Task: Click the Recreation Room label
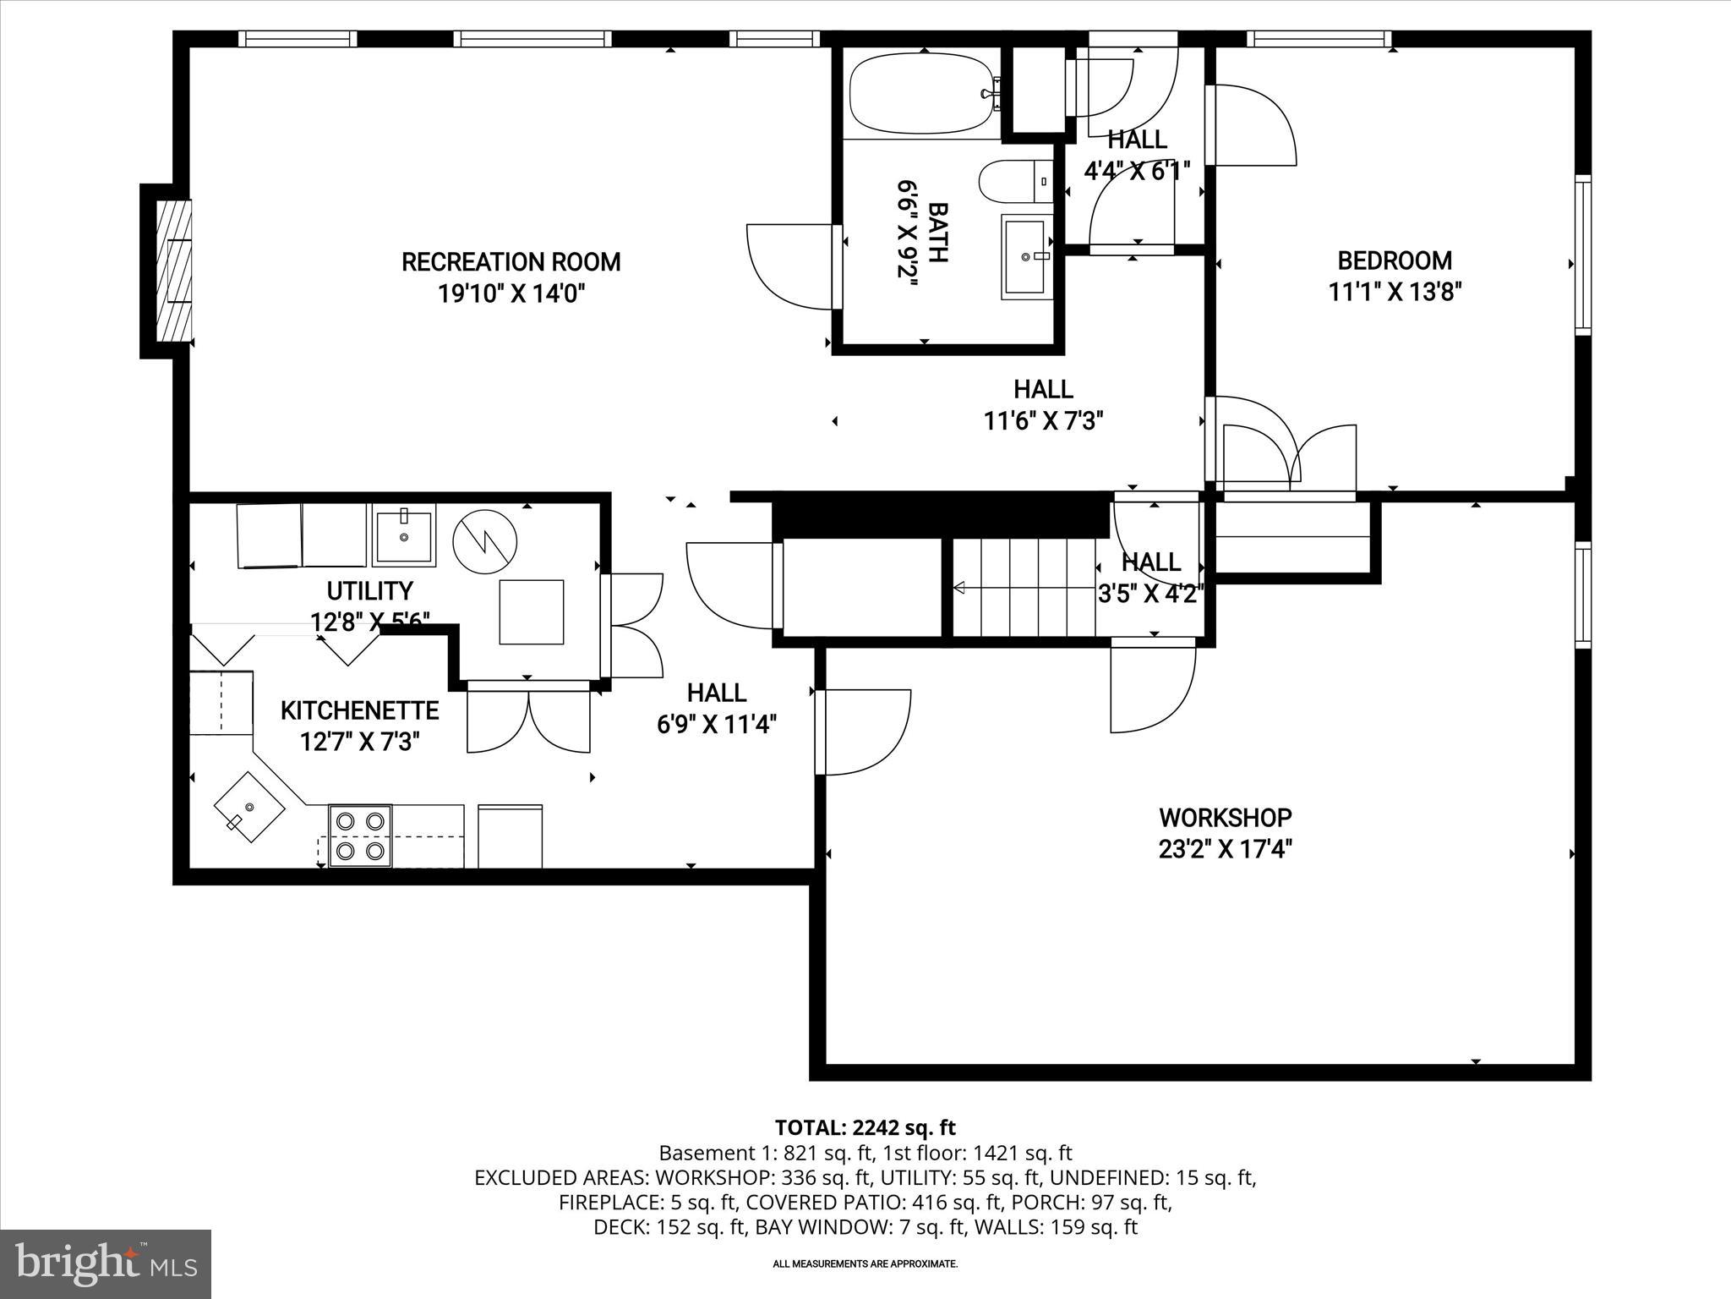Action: coord(511,262)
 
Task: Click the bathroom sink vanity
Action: coord(1026,256)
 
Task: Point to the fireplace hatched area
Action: coord(174,271)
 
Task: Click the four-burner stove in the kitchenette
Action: coord(359,836)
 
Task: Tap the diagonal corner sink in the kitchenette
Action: coord(249,806)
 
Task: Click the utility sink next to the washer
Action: coord(404,534)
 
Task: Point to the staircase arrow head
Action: coord(959,587)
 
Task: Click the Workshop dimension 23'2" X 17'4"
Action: coord(1225,848)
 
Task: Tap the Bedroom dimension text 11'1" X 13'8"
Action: coord(1395,292)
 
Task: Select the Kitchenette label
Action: coord(359,710)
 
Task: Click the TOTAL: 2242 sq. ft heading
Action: coord(865,1127)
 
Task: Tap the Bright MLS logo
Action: coord(106,1263)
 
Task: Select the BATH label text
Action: coord(937,233)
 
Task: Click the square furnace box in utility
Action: coord(531,611)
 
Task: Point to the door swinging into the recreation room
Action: coord(790,266)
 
